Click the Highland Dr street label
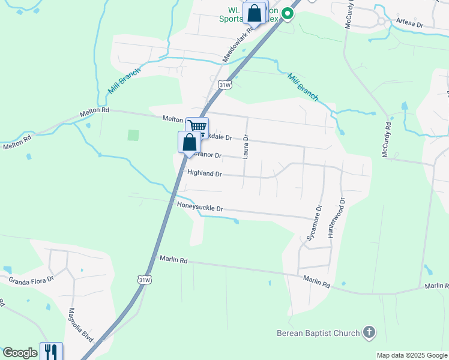pos(205,173)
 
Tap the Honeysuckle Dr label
pos(200,207)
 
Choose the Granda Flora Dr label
pos(31,279)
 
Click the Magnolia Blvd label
pos(79,325)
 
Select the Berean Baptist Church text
pos(318,333)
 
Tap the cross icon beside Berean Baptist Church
pos(369,332)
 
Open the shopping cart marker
pos(197,127)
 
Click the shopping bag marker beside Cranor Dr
pos(189,142)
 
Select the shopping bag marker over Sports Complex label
pos(255,13)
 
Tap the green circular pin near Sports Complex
pos(288,13)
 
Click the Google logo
pos(20,353)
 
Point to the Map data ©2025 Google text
pos(412,355)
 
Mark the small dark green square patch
pos(133,136)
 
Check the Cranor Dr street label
pos(208,155)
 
